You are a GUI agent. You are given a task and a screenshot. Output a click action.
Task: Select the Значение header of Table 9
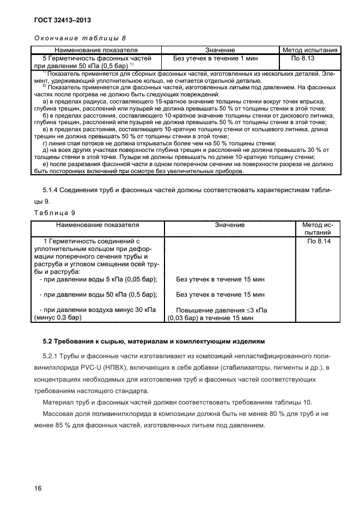point(229,225)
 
